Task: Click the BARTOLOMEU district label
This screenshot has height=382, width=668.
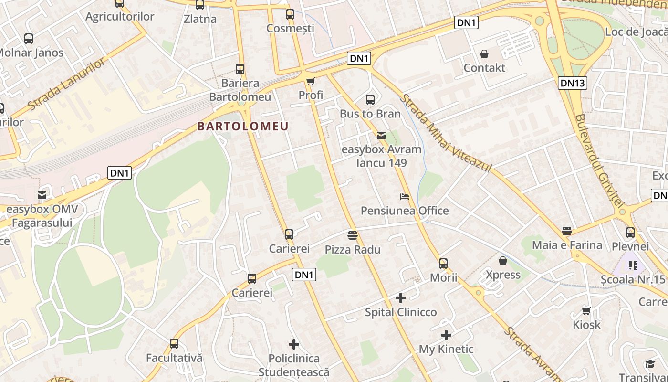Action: pos(243,127)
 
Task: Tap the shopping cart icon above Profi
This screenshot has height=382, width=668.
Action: pos(311,82)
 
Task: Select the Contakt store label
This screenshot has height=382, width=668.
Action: pos(484,68)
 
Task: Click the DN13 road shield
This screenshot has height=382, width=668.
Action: pos(573,83)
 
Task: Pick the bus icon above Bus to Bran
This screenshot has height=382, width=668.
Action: pos(370,100)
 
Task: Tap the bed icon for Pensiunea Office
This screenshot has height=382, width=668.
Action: pos(405,197)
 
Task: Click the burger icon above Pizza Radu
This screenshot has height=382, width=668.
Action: pos(353,235)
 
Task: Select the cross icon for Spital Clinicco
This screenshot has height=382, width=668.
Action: pos(401,298)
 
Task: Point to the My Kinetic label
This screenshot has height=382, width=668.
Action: pos(446,349)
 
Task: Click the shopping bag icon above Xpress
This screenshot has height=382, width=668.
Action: pos(503,261)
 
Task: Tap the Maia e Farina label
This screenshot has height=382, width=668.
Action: pos(567,245)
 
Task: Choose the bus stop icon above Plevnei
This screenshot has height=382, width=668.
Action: pos(630,233)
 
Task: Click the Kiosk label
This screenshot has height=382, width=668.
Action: pos(586,325)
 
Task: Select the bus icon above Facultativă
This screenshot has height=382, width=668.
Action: pos(174,344)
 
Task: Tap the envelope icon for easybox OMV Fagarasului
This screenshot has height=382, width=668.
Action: pos(42,195)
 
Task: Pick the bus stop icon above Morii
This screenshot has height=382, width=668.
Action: pos(443,264)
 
